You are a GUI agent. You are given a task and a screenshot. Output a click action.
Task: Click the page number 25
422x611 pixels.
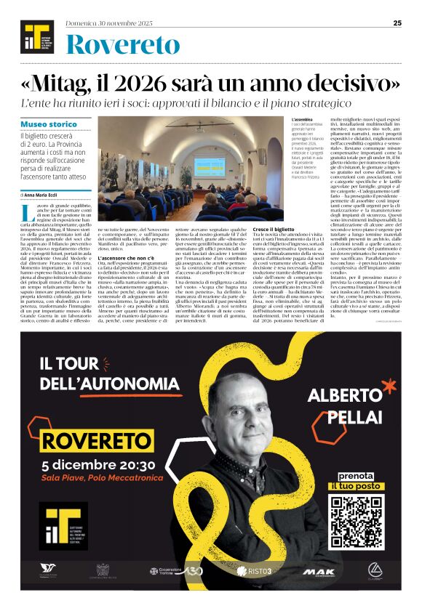coord(397,23)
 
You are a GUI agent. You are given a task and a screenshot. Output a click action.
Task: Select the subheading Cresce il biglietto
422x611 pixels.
coord(275,229)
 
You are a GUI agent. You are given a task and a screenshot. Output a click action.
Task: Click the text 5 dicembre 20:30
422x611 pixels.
coord(99,464)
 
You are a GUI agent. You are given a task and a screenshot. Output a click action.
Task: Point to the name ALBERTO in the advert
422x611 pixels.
coord(341,395)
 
